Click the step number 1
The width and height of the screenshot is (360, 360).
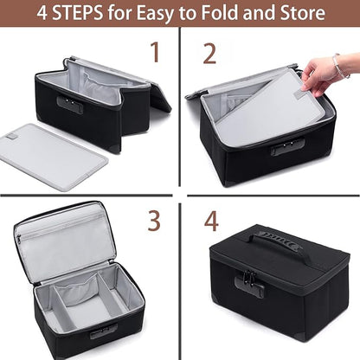pyautogui.click(x=156, y=52)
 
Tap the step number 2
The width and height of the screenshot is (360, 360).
pyautogui.click(x=209, y=54)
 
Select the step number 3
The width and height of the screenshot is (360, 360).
pyautogui.click(x=154, y=221)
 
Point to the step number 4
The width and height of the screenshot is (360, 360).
pyautogui.click(x=211, y=222)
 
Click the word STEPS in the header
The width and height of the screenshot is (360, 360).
pyautogui.click(x=78, y=13)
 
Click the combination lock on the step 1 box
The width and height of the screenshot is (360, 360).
pyautogui.click(x=70, y=105)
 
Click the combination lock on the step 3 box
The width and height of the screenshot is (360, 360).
pyautogui.click(x=104, y=331)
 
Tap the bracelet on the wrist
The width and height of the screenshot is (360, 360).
pyautogui.click(x=340, y=66)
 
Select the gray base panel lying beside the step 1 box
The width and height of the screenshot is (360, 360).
pyautogui.click(x=55, y=156)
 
